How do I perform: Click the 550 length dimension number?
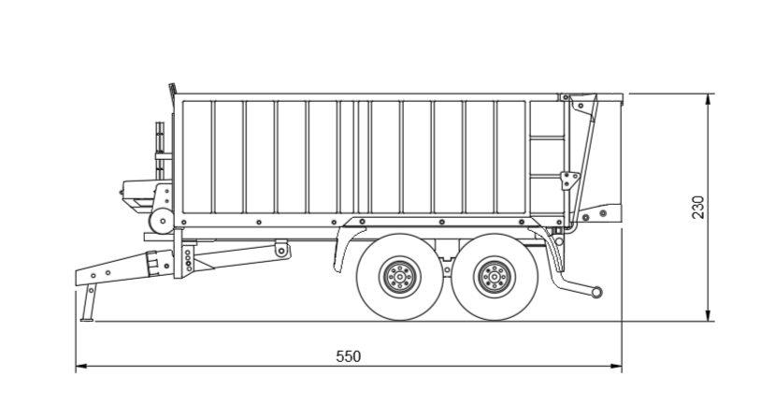pos(348,356)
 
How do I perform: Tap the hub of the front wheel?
pos(398,277)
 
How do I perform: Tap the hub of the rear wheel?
pos(493,277)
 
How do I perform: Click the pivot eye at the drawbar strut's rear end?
pos(280,249)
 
